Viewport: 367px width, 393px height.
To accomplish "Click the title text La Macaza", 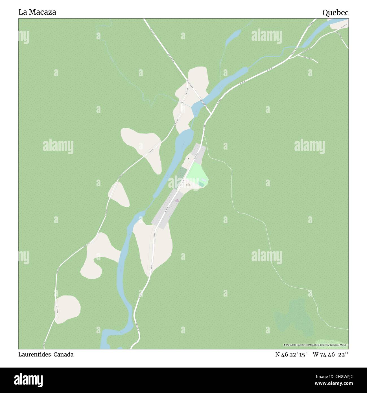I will pyautogui.click(x=37, y=12).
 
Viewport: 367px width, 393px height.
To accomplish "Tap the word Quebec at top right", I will pyautogui.click(x=335, y=13).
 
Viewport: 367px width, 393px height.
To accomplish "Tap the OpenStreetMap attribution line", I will pyautogui.click(x=316, y=345).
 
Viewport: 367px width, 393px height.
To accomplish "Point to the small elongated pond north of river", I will pyautogui.click(x=233, y=35).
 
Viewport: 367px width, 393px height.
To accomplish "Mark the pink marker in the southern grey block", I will pyautogui.click(x=177, y=200).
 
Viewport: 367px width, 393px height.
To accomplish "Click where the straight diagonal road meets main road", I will pyautogui.click(x=211, y=114).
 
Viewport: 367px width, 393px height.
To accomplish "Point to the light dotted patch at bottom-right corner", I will pyautogui.click(x=332, y=343).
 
